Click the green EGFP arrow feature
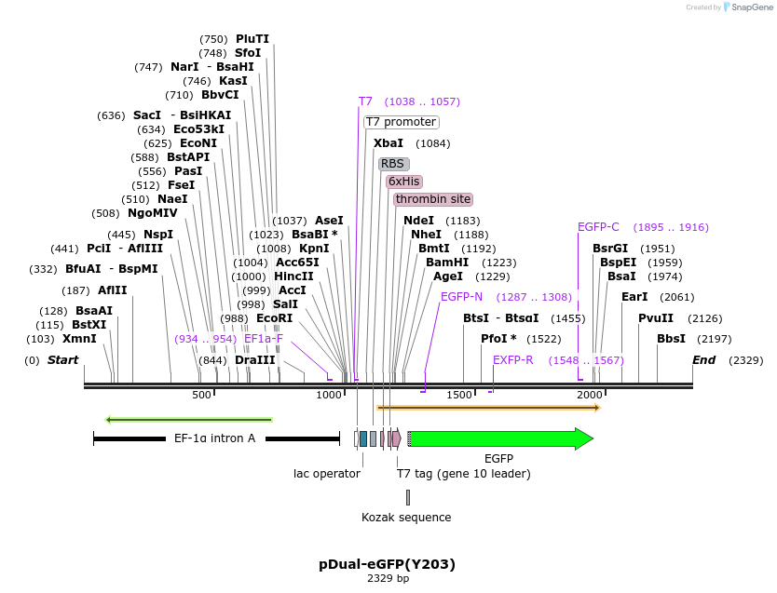click(x=499, y=438)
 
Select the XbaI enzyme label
click(x=388, y=143)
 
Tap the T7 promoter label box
click(x=401, y=122)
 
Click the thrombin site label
click(x=432, y=199)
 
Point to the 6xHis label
click(x=404, y=181)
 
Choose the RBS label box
click(x=393, y=164)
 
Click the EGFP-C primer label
click(x=598, y=227)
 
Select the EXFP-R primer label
click(x=512, y=359)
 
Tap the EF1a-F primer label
click(x=263, y=339)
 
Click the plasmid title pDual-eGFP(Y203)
click(x=388, y=563)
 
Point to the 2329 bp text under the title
click(x=388, y=579)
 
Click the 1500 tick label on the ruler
click(x=459, y=396)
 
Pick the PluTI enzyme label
click(x=252, y=39)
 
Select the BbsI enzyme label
click(x=671, y=339)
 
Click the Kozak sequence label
click(x=406, y=517)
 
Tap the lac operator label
click(x=327, y=473)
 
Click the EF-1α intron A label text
click(x=214, y=438)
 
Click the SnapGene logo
click(x=748, y=7)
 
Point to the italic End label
click(x=703, y=359)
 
